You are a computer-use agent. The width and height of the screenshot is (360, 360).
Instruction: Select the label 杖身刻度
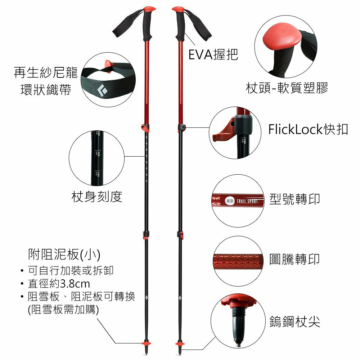(97, 197)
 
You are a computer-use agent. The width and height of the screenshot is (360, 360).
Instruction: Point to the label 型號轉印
(294, 199)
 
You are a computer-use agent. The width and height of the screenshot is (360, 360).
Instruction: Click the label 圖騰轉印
(294, 259)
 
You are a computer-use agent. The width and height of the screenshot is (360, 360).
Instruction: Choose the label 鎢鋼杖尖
(294, 321)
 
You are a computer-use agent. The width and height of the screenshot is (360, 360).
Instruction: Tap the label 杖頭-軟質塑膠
(287, 88)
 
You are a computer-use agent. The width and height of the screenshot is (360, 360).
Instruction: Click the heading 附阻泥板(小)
(64, 255)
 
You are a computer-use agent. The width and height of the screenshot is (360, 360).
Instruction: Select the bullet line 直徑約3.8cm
(59, 284)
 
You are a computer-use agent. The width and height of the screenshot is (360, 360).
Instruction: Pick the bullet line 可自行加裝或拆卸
(71, 270)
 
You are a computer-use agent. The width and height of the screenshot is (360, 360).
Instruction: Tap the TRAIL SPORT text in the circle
(247, 201)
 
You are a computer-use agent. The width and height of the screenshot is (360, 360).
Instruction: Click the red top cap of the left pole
(149, 8)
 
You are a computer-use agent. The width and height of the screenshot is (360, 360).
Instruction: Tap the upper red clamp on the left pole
(145, 127)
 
